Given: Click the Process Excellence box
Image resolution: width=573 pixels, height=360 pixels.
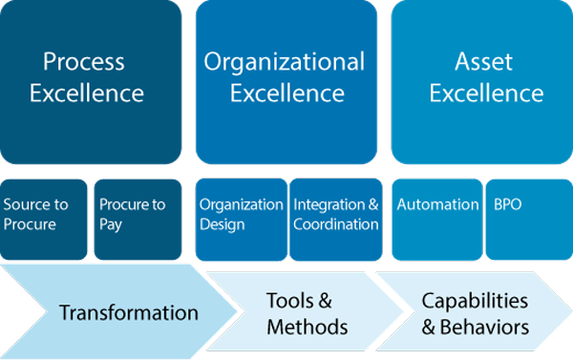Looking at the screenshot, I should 92,81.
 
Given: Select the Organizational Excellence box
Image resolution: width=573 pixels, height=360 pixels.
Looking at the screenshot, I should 285,81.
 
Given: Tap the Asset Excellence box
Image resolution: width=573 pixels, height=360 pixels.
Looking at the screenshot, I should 483,81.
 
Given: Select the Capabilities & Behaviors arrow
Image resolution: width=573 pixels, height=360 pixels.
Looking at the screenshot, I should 473,313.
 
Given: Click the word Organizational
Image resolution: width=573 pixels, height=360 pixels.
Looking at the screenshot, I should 285,63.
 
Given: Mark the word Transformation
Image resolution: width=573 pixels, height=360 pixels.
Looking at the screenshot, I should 129,313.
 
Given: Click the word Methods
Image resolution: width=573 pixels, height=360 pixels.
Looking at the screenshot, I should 307,327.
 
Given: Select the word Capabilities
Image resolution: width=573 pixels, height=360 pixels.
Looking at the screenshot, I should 475,302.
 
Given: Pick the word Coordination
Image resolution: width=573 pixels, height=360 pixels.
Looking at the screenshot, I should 336,224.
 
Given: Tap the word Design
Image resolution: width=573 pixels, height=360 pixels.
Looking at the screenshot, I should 223,224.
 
